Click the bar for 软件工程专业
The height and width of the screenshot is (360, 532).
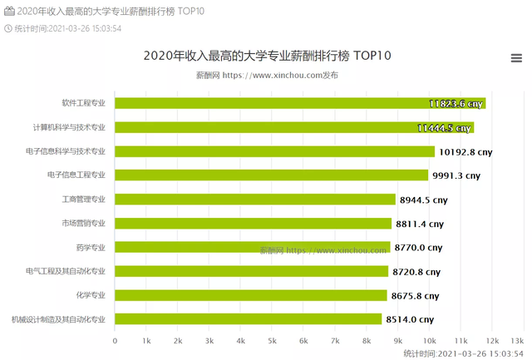pyautogui.click(x=299, y=103)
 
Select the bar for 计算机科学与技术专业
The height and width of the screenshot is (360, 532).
pyautogui.click(x=293, y=127)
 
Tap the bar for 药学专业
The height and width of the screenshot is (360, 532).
pyautogui.click(x=252, y=247)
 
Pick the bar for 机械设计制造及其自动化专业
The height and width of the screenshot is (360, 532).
pyautogui.click(x=248, y=318)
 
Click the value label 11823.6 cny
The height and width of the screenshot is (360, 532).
pyautogui.click(x=456, y=104)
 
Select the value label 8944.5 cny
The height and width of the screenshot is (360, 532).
pyautogui.click(x=424, y=200)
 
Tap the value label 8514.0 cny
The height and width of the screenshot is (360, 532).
pyautogui.click(x=410, y=319)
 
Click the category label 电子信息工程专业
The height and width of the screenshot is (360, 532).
pyautogui.click(x=76, y=175)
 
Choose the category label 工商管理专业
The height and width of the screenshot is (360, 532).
pyautogui.click(x=83, y=200)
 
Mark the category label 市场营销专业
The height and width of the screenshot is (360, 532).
pyautogui.click(x=83, y=223)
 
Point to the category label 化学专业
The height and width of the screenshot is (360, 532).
pyautogui.click(x=91, y=295)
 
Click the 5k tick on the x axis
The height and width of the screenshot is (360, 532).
pyautogui.click(x=272, y=341)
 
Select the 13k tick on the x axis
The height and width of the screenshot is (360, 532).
pyautogui.click(x=517, y=341)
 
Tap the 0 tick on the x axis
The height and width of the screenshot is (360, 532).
pyautogui.click(x=115, y=341)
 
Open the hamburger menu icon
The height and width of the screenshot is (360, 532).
pyautogui.click(x=516, y=57)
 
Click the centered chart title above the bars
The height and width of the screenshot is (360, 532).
pyautogui.click(x=267, y=56)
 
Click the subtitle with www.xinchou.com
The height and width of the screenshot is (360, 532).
pyautogui.click(x=267, y=75)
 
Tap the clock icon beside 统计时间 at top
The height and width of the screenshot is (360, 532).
pyautogui.click(x=9, y=27)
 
